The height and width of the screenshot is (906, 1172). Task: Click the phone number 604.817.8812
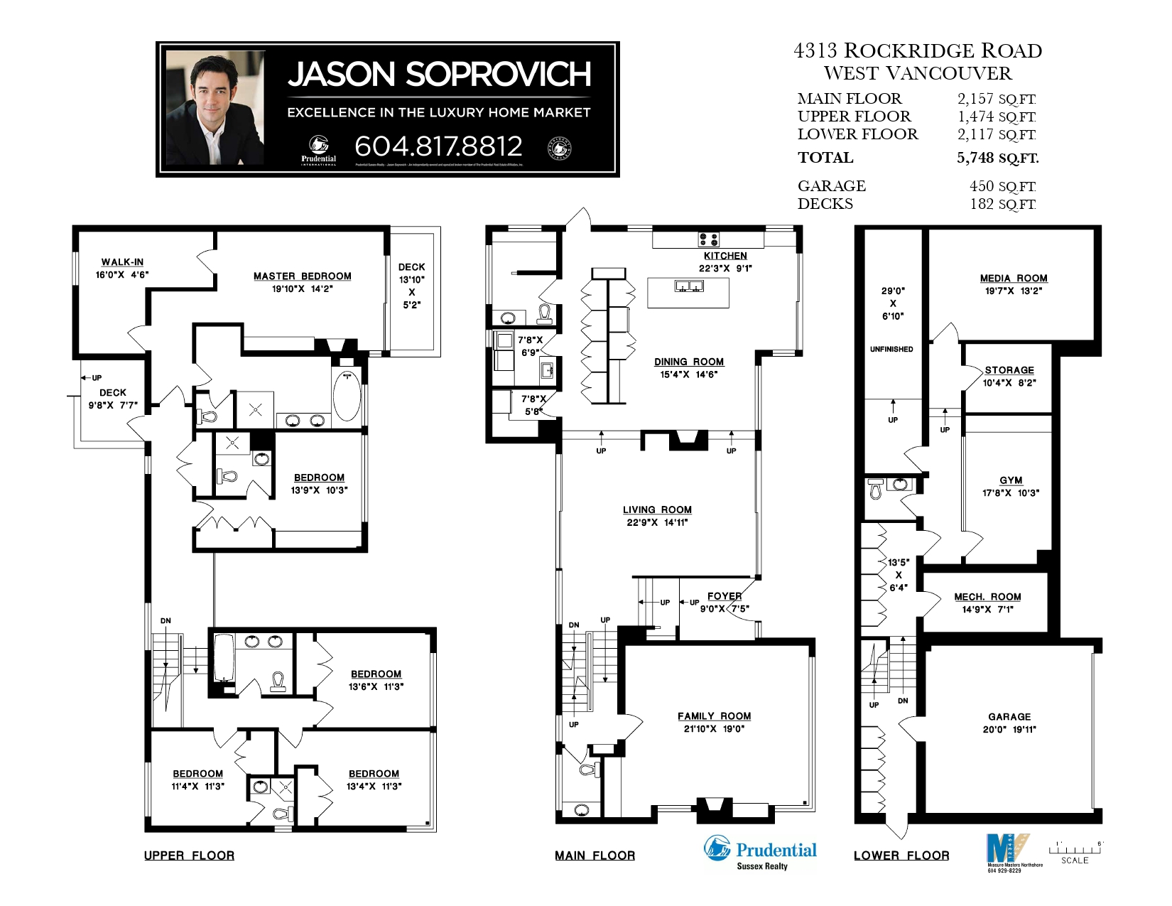coord(438,146)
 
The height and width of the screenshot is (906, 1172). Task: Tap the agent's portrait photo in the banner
coord(215,107)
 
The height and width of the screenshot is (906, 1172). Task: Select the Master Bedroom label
coord(302,276)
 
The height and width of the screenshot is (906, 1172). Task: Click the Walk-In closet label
coord(122,262)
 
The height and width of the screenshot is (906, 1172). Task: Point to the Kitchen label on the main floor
coord(725,256)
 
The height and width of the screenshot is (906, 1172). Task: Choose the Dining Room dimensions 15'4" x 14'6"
coord(688,374)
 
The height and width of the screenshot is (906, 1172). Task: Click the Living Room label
coord(657,509)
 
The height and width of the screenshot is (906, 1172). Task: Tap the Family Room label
coord(714,716)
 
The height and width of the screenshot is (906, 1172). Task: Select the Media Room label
coord(1014,279)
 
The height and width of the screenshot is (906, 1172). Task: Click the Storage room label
coord(1009,370)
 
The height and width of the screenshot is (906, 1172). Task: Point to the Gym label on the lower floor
coord(1011,480)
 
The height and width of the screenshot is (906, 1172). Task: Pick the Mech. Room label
coord(987,597)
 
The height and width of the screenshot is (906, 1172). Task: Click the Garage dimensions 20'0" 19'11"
coord(1009,730)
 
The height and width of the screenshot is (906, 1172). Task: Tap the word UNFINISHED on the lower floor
coord(891,350)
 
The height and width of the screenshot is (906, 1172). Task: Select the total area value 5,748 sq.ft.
coord(997,158)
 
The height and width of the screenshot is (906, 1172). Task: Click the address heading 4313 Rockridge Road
coord(918,51)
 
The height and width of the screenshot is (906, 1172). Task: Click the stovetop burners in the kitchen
coord(708,239)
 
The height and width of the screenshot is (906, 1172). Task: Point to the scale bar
coord(1075,850)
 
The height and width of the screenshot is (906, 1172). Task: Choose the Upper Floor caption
coord(189,856)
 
